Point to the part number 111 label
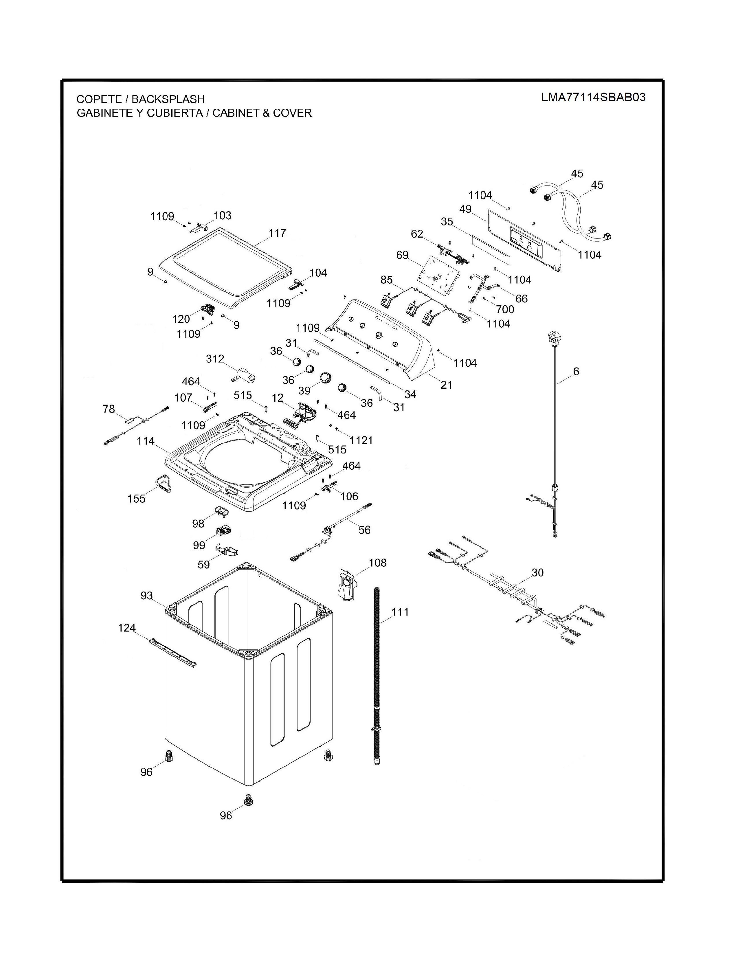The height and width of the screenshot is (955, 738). coord(400,612)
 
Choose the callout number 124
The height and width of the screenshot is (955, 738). coord(127,628)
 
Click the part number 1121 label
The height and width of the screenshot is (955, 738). coord(361,440)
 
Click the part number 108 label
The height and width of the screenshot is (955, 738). coord(377,563)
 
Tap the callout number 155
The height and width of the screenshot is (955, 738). coord(136,499)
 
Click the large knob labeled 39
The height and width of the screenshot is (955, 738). coord(326,377)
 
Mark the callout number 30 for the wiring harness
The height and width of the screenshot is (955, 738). coord(537,572)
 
